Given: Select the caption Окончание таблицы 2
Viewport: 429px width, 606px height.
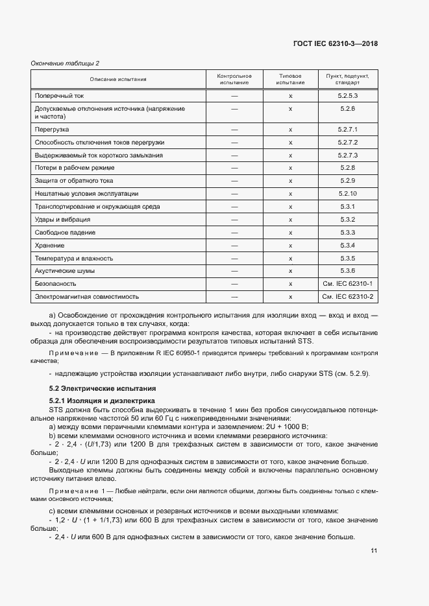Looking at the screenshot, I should click(x=66, y=63).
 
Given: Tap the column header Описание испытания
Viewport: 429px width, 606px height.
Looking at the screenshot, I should click(x=118, y=79).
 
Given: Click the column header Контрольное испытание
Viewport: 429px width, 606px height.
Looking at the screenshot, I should click(x=234, y=79).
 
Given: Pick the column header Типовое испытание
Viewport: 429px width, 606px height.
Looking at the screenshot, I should click(x=290, y=79).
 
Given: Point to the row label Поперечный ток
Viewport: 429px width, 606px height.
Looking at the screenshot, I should click(x=60, y=95).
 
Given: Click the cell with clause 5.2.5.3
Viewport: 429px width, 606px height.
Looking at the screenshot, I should click(x=348, y=95).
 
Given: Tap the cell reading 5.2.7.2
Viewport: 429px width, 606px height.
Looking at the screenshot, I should click(x=348, y=142).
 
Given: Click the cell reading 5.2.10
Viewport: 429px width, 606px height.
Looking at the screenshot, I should click(x=348, y=193).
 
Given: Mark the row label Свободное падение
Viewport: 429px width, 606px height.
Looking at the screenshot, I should click(x=65, y=232).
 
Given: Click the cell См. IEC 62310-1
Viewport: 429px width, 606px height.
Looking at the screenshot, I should click(x=348, y=283).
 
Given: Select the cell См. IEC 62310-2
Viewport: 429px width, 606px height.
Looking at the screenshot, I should click(x=348, y=296).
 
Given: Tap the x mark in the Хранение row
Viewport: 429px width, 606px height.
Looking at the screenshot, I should click(x=290, y=245).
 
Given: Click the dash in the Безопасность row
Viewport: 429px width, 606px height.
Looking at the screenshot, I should click(x=234, y=283).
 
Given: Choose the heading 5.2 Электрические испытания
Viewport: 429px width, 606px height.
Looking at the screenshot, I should click(x=103, y=388).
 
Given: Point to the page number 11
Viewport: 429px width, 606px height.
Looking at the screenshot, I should click(x=374, y=551).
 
